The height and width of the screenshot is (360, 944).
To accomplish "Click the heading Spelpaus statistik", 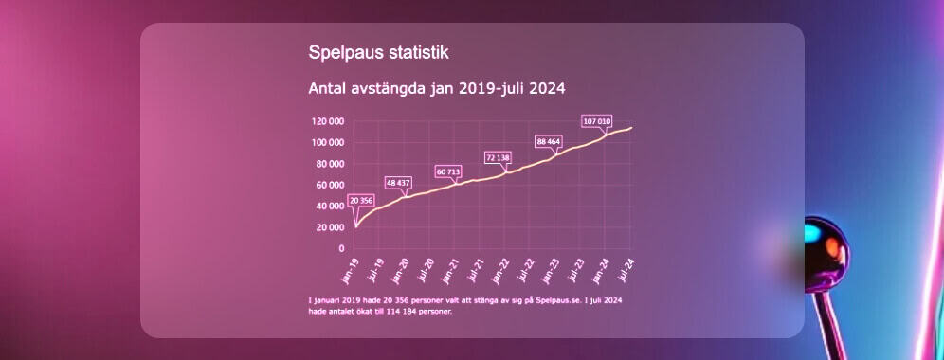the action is click(x=379, y=52).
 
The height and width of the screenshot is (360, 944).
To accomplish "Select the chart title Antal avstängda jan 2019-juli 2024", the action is click(x=437, y=89).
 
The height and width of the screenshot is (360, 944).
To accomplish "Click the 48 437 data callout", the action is click(x=397, y=183).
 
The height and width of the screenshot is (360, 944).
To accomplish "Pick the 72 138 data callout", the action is click(x=498, y=157).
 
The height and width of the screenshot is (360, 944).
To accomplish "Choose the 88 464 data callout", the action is click(x=549, y=141).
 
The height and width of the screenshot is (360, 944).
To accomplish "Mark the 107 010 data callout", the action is click(x=597, y=121).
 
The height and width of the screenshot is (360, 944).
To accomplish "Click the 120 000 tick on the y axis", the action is click(x=328, y=121).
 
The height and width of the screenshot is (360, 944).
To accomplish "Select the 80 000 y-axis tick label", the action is click(x=330, y=164).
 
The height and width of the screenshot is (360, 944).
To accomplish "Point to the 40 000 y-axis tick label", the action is click(x=330, y=206).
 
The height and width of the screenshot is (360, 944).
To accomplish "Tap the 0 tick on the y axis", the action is click(x=342, y=248).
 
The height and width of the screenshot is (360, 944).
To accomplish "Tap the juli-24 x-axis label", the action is click(x=626, y=270).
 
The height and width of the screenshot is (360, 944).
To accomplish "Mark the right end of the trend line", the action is click(x=631, y=128).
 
